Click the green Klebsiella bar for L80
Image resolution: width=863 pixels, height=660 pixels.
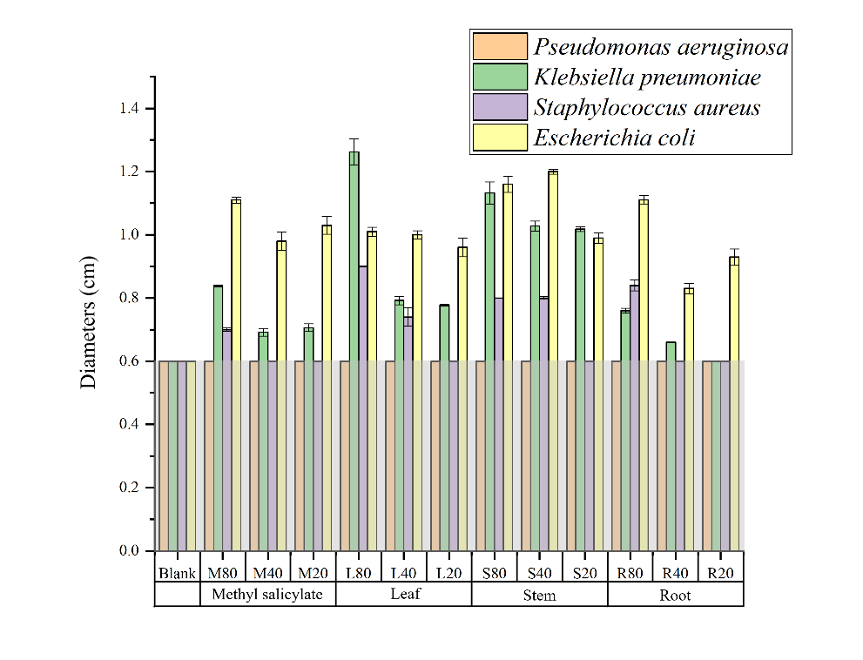(354, 348)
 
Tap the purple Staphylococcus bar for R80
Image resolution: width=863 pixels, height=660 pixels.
(634, 418)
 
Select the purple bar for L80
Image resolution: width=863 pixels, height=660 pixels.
(363, 409)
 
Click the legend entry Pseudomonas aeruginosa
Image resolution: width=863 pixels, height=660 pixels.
(661, 47)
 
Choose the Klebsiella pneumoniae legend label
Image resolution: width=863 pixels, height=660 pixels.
(648, 77)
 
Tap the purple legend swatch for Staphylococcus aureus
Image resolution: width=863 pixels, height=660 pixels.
(500, 107)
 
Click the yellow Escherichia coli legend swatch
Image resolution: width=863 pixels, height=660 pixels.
(500, 138)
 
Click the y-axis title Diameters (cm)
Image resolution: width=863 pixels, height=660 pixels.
(89, 322)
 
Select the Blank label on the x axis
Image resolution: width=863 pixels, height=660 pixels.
(177, 573)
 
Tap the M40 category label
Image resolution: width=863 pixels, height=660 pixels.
(267, 573)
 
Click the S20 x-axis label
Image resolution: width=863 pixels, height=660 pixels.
(584, 573)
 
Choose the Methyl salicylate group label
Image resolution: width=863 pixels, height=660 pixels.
(267, 595)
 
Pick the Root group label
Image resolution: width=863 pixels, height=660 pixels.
(675, 595)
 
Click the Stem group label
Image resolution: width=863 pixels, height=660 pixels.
(539, 595)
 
